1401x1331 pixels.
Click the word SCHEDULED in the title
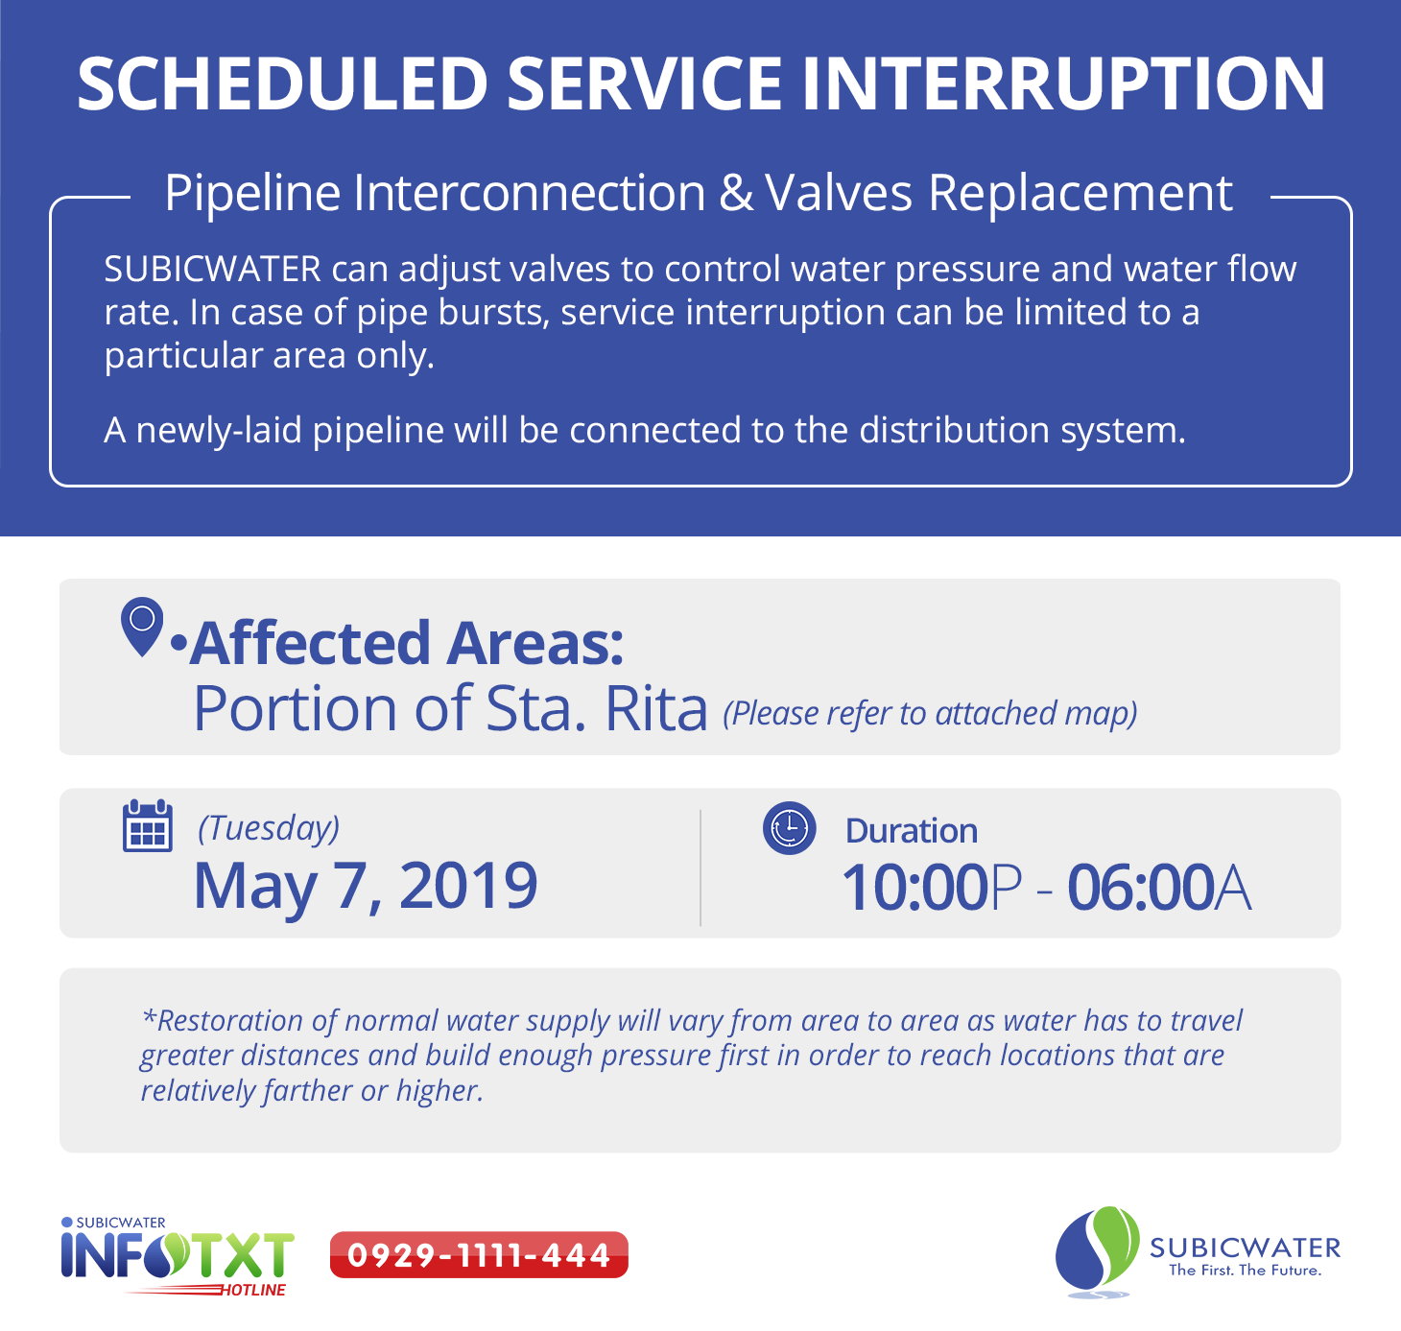click(x=282, y=84)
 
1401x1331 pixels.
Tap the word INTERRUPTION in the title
click(x=1063, y=84)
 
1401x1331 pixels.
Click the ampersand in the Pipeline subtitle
click(x=735, y=193)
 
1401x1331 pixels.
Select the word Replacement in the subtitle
click(x=1080, y=195)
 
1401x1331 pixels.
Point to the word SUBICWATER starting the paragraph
click(x=212, y=270)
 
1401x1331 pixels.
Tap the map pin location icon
click(x=142, y=627)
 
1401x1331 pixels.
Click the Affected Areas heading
click(x=406, y=643)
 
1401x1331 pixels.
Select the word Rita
click(x=655, y=708)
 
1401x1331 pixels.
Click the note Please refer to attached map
click(x=930, y=714)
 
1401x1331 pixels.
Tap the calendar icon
click(x=148, y=825)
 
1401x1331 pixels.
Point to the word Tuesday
click(x=269, y=829)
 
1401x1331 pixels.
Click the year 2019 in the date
click(x=467, y=886)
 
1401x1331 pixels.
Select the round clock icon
click(x=789, y=828)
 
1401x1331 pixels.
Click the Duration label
click(x=912, y=831)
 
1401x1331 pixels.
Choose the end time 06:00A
click(x=1159, y=888)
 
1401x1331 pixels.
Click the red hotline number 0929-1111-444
click(x=479, y=1255)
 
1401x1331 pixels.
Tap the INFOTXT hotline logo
click(x=178, y=1257)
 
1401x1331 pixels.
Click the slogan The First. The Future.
click(x=1245, y=1271)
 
